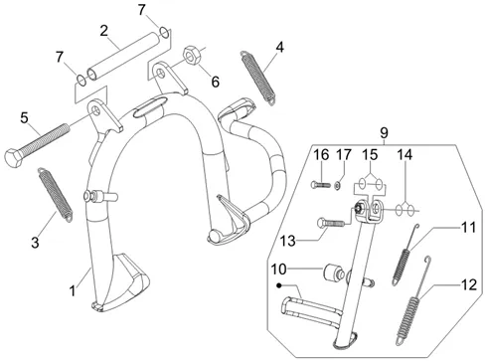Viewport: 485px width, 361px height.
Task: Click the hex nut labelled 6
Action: (191, 56)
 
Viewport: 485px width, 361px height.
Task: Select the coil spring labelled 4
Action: (258, 78)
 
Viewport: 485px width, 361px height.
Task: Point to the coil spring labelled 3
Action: (55, 194)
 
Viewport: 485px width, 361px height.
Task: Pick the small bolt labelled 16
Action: (321, 185)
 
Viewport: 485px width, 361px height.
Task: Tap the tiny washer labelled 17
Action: (337, 186)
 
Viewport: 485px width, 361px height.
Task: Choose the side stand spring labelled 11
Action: (405, 255)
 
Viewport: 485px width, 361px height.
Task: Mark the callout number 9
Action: (384, 133)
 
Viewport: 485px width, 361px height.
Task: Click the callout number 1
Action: (73, 291)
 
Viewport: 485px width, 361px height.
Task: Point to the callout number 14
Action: (404, 155)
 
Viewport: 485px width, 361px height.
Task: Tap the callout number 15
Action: (370, 154)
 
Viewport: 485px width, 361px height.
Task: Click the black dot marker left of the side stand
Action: (280, 285)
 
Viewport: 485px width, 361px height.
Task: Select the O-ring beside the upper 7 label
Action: (164, 32)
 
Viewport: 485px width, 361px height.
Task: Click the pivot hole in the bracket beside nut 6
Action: (161, 72)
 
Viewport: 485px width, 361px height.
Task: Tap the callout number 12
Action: (469, 285)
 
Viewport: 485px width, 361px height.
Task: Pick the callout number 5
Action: (24, 117)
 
